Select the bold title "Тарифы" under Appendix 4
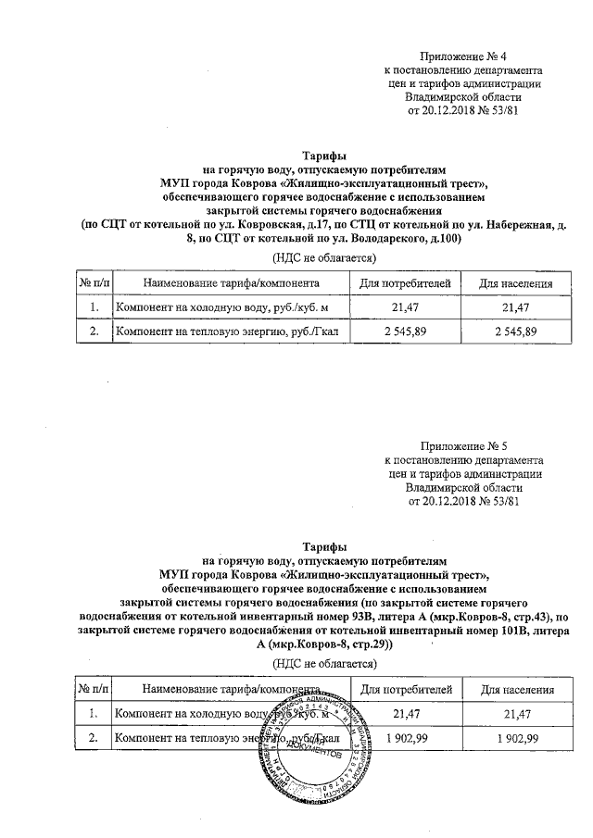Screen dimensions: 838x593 tap(324, 156)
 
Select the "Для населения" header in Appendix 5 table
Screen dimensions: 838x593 tap(516, 689)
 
